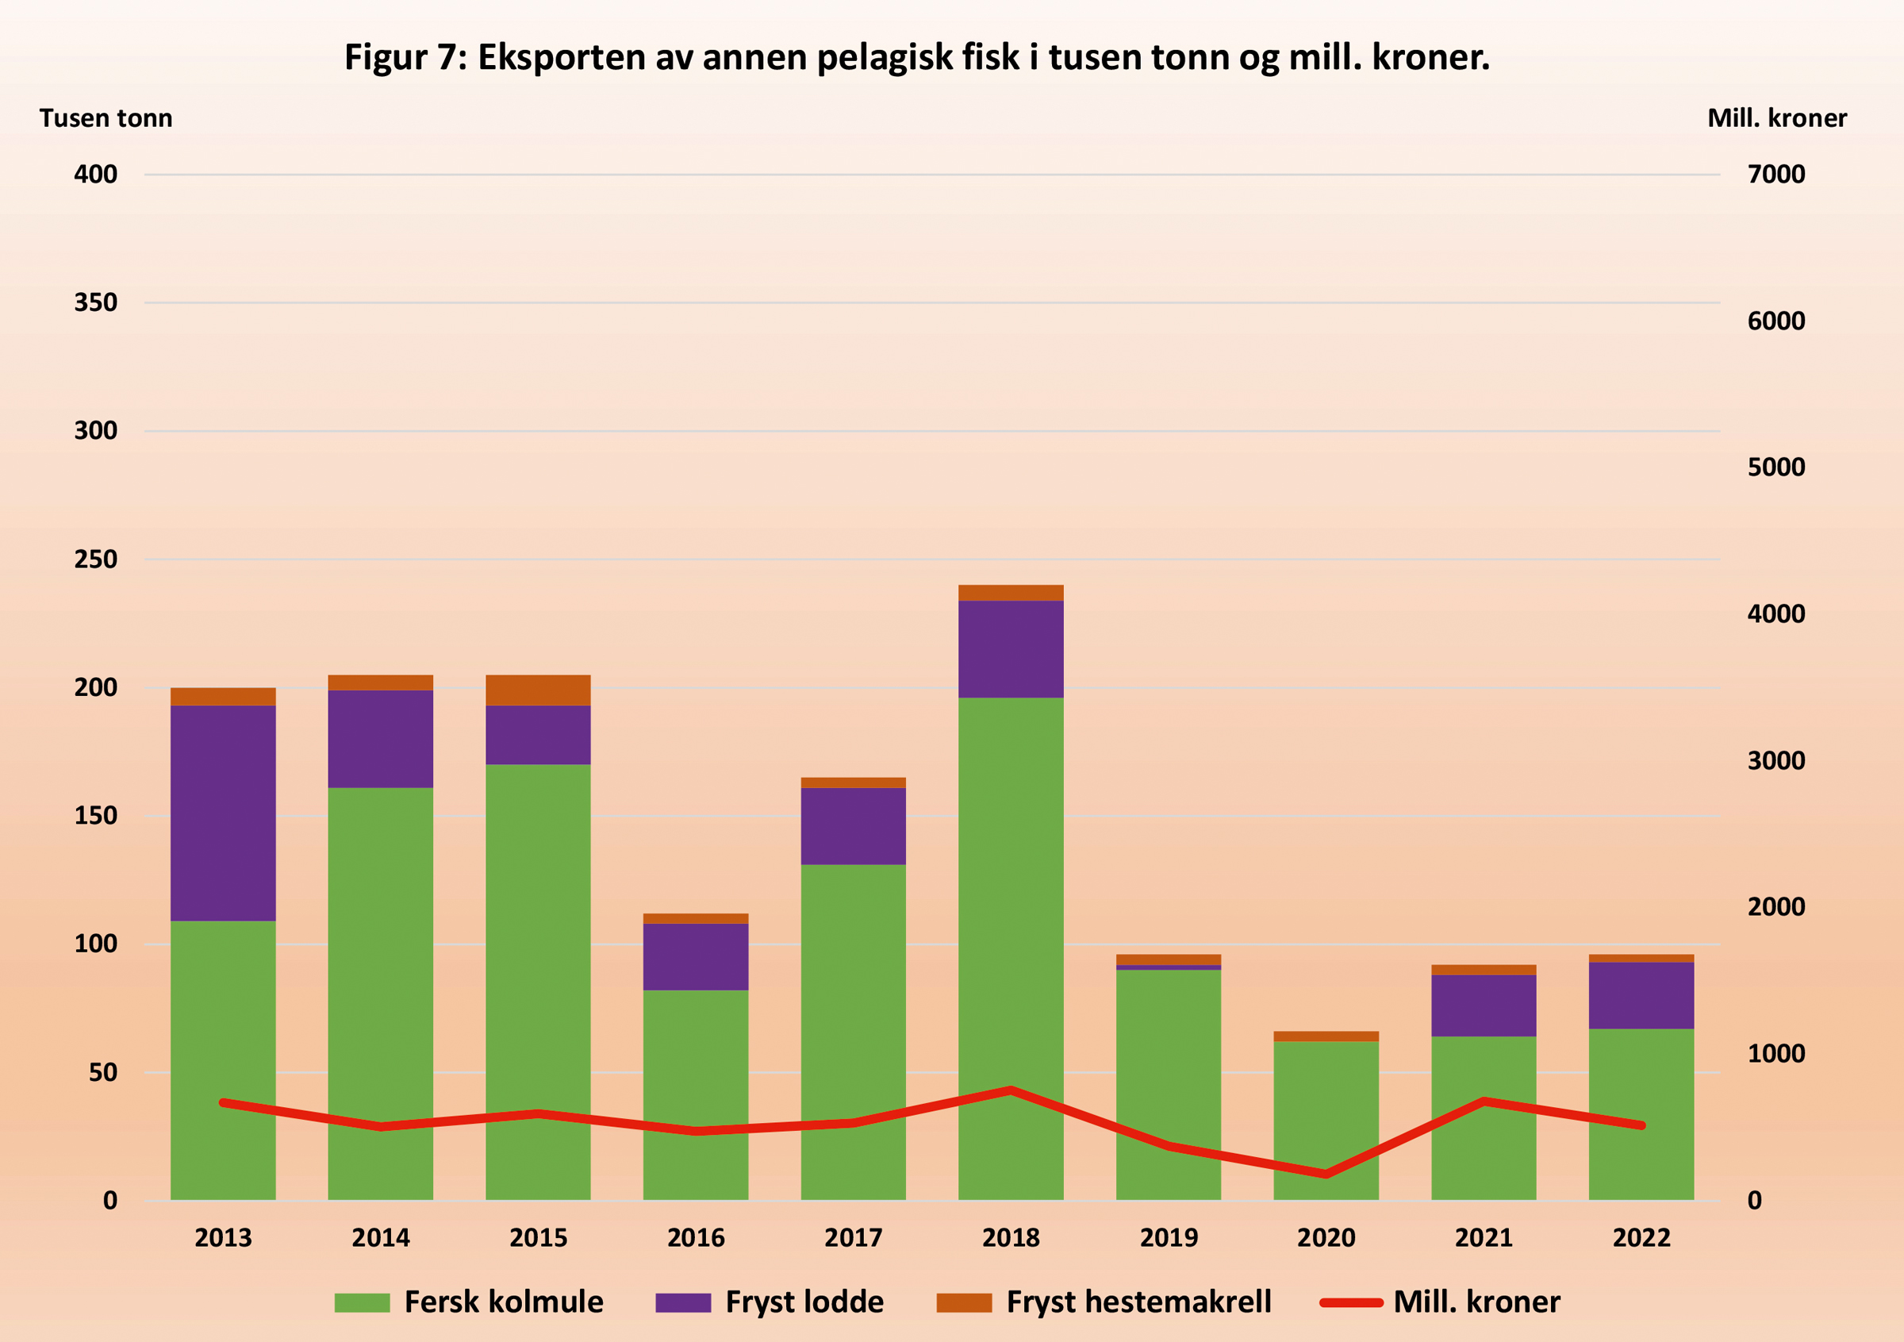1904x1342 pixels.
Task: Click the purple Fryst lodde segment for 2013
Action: click(223, 813)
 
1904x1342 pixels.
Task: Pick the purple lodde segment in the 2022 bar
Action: click(1641, 995)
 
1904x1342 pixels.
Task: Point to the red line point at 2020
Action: click(1326, 1174)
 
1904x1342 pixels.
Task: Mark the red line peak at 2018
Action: click(1011, 1090)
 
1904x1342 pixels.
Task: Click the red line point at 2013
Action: click(223, 1102)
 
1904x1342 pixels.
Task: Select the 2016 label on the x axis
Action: click(696, 1237)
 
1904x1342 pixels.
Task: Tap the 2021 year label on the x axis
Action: click(1484, 1237)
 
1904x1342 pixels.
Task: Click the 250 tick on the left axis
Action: click(95, 559)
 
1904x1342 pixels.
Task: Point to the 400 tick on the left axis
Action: click(95, 174)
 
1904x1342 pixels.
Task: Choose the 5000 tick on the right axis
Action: click(1775, 467)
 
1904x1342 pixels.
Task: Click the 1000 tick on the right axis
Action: click(1775, 1053)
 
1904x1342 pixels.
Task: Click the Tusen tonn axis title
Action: click(106, 118)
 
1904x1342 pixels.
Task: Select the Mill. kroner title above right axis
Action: click(1776, 118)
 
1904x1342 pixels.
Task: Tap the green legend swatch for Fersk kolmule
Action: click(362, 1302)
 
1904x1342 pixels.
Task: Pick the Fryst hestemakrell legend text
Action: click(1138, 1302)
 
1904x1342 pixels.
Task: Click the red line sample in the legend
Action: click(1351, 1302)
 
